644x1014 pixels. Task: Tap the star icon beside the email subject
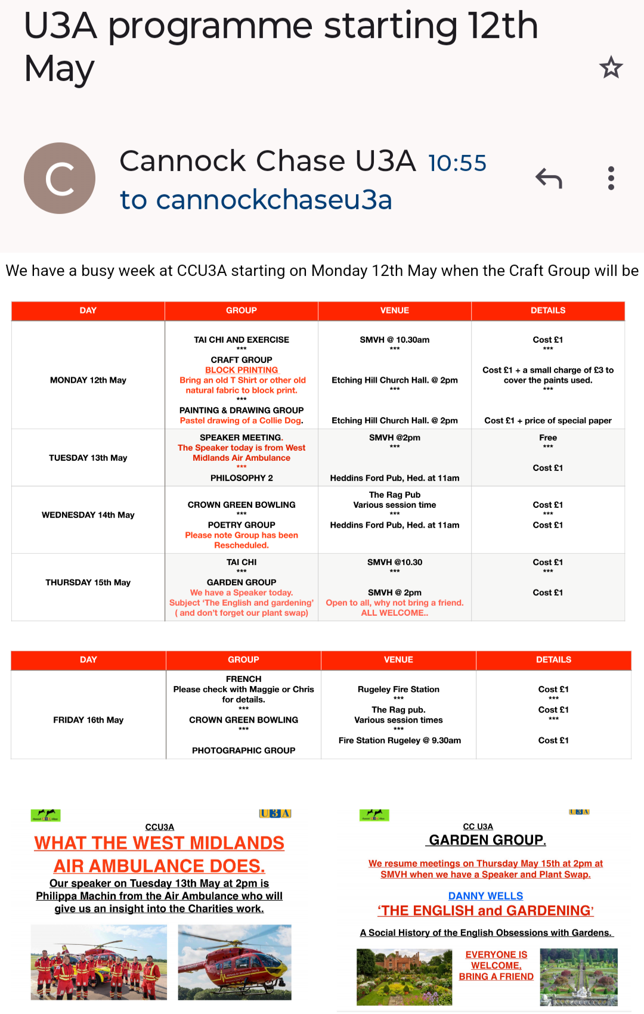pyautogui.click(x=611, y=67)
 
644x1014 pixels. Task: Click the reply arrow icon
pyautogui.click(x=549, y=178)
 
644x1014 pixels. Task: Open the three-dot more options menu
pyautogui.click(x=611, y=178)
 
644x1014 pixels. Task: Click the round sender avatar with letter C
pyautogui.click(x=60, y=178)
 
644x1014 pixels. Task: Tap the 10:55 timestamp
pyautogui.click(x=457, y=163)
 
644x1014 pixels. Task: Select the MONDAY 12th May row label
pyautogui.click(x=88, y=380)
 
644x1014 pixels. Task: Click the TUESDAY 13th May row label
pyautogui.click(x=88, y=458)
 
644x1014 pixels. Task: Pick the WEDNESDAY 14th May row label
pyautogui.click(x=88, y=515)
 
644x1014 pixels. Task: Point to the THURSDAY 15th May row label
pyautogui.click(x=88, y=582)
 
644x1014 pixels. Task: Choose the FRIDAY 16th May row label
pyautogui.click(x=88, y=720)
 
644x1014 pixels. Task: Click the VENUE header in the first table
pyautogui.click(x=395, y=311)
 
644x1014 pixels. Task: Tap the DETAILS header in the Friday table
pyautogui.click(x=553, y=660)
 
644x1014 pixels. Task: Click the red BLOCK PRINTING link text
pyautogui.click(x=241, y=370)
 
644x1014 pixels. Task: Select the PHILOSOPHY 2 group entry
pyautogui.click(x=241, y=478)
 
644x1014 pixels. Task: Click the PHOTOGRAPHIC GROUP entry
pyautogui.click(x=243, y=751)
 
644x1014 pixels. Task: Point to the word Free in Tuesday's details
pyautogui.click(x=548, y=438)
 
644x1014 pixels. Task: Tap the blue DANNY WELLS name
pyautogui.click(x=485, y=896)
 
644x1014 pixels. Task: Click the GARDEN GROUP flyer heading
pyautogui.click(x=487, y=841)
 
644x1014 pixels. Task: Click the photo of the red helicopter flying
pyautogui.click(x=234, y=962)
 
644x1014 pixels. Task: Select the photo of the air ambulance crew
pyautogui.click(x=99, y=962)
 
